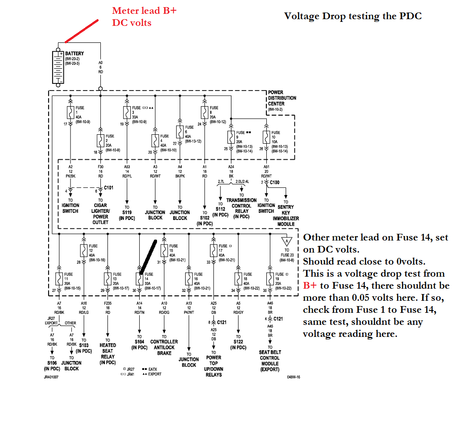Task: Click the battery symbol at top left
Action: [58, 67]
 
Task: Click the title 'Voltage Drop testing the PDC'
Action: [352, 16]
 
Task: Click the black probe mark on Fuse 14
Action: [148, 257]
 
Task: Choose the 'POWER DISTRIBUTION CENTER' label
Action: [282, 98]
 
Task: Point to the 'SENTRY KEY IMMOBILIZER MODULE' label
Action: [286, 213]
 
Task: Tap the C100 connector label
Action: [274, 182]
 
